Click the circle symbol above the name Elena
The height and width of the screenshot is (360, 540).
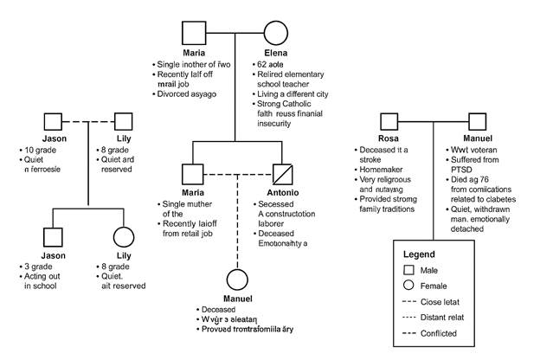(x=275, y=35)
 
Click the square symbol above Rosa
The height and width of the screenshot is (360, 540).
(x=387, y=123)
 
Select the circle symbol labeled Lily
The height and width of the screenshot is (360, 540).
(x=124, y=236)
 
